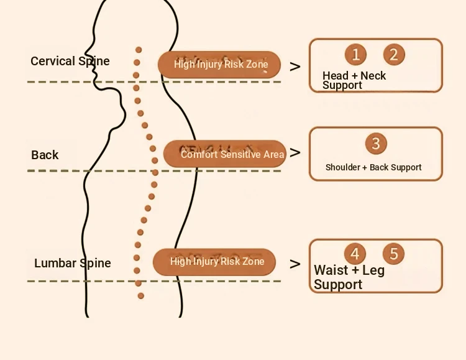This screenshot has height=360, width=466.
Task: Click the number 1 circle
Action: pyautogui.click(x=355, y=55)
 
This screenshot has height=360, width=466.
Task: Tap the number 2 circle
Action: pyautogui.click(x=393, y=55)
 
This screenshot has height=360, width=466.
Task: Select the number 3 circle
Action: pyautogui.click(x=375, y=144)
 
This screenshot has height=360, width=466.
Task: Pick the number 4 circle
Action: pyautogui.click(x=355, y=254)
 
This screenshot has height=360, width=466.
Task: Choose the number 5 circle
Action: pyautogui.click(x=393, y=254)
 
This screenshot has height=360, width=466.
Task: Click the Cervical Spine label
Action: pyautogui.click(x=70, y=61)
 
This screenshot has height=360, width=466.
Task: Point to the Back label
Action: pyautogui.click(x=45, y=155)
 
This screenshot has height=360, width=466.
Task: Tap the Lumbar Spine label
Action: pyautogui.click(x=73, y=263)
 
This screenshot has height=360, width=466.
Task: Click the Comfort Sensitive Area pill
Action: pyautogui.click(x=225, y=154)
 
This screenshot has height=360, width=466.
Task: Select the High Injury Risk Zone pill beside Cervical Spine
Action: pyautogui.click(x=219, y=64)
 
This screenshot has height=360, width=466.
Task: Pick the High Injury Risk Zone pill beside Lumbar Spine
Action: pyautogui.click(x=215, y=262)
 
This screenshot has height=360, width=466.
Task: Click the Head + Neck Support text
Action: pyautogui.click(x=354, y=80)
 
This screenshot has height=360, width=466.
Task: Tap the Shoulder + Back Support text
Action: pyautogui.click(x=373, y=167)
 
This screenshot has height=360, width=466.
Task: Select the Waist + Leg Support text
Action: pyautogui.click(x=349, y=277)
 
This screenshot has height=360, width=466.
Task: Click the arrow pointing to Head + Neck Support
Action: pyautogui.click(x=295, y=67)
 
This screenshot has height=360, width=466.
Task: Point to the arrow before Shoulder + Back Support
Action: pyautogui.click(x=295, y=152)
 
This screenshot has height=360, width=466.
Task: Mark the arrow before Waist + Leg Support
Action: pyautogui.click(x=295, y=264)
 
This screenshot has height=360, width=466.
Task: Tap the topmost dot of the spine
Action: pyautogui.click(x=139, y=50)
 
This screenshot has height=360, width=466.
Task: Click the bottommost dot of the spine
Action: pyautogui.click(x=141, y=296)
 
